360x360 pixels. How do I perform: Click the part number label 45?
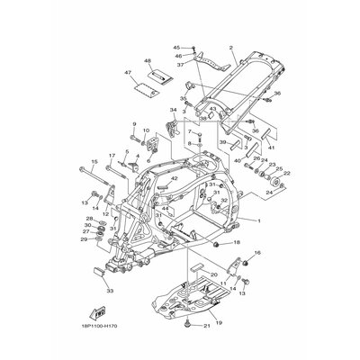tap(176, 46)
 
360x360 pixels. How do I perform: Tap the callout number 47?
tap(128, 71)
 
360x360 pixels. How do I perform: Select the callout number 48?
tap(148, 61)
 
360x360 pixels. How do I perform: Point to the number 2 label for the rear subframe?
tap(231, 47)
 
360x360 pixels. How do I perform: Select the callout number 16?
tap(256, 255)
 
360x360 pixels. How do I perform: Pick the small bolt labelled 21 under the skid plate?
tap(185, 323)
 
